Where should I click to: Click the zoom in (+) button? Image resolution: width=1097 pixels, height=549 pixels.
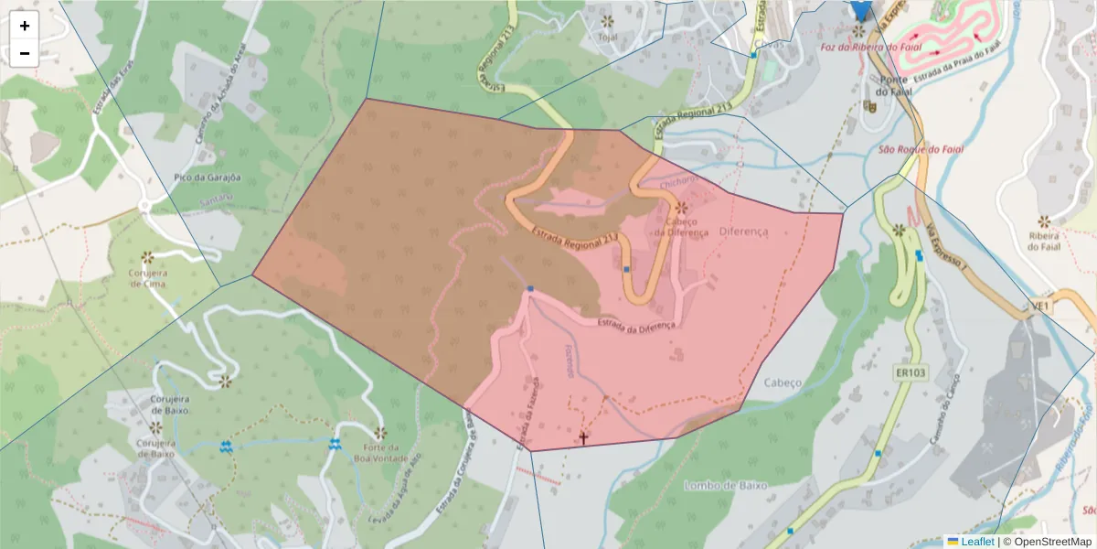click(x=25, y=26)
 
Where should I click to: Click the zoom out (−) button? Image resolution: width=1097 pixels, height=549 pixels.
click(x=25, y=53)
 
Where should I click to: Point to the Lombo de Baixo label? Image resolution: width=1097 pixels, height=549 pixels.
click(x=725, y=485)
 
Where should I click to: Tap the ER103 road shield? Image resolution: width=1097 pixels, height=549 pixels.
click(x=911, y=373)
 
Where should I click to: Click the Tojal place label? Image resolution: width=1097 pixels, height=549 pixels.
click(x=607, y=38)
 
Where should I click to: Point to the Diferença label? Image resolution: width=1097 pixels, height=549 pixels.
click(x=743, y=231)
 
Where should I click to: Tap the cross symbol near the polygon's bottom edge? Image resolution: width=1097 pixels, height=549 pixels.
click(x=582, y=438)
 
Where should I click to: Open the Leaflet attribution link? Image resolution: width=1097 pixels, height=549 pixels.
click(x=977, y=542)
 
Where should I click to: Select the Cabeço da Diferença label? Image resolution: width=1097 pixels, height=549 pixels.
click(x=680, y=227)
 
